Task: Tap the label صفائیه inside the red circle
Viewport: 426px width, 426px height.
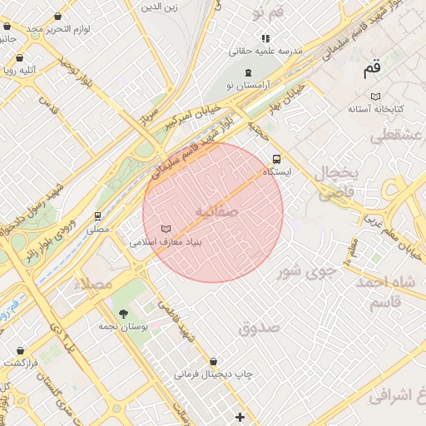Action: (216, 212)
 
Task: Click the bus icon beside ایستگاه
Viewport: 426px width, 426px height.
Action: (276, 159)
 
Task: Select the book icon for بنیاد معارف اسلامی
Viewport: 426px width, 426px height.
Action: (166, 229)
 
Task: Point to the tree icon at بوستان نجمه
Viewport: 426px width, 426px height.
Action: (124, 314)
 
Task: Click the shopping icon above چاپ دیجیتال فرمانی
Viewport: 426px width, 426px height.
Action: (215, 362)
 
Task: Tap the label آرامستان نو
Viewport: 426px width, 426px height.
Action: (242, 86)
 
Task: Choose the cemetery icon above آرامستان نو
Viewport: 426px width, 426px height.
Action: (248, 72)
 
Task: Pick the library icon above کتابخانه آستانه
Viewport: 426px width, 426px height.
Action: (375, 95)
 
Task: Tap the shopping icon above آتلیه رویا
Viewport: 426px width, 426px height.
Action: (18, 58)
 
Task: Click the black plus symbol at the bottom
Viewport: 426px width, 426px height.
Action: (240, 417)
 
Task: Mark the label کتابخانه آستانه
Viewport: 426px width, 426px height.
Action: (375, 109)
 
